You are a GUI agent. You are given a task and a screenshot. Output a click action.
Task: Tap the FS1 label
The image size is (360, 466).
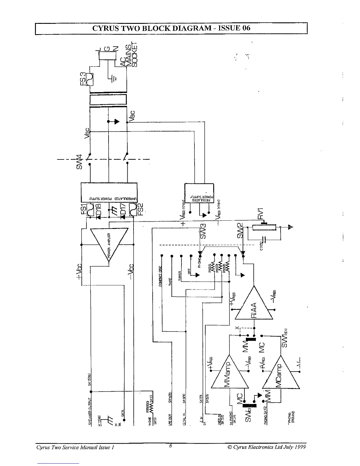point(84,209)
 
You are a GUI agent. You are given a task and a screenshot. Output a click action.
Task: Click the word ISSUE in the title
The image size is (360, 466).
point(228,28)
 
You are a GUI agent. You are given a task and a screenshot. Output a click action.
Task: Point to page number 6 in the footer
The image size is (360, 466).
point(171,446)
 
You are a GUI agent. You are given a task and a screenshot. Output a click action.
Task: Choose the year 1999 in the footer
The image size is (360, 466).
point(300,447)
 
